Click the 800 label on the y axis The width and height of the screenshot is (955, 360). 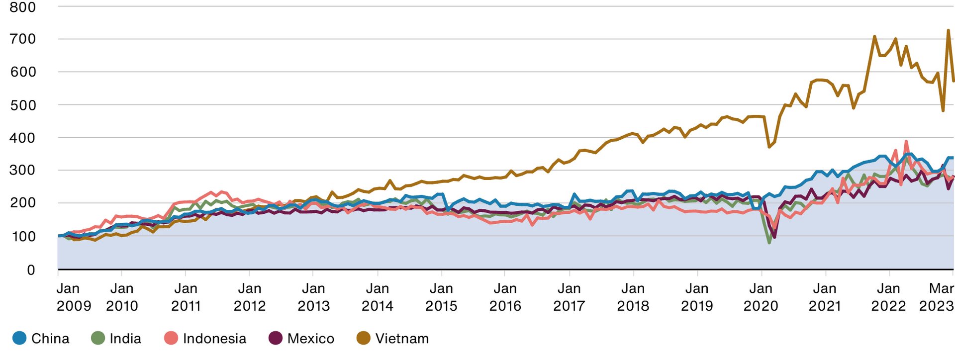click(x=23, y=7)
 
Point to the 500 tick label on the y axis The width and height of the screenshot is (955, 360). click(x=23, y=105)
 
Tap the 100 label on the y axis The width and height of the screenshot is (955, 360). click(x=23, y=236)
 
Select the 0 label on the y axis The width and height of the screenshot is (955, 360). click(x=31, y=270)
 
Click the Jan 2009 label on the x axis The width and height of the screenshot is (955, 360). click(x=74, y=297)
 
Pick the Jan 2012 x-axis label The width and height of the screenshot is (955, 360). click(x=250, y=297)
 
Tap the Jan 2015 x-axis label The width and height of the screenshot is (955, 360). click(x=441, y=297)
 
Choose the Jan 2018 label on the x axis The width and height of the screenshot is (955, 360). click(x=633, y=297)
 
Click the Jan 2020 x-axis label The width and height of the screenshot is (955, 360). click(x=761, y=297)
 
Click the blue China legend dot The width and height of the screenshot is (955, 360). click(x=19, y=339)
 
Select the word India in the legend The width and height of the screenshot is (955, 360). click(x=125, y=339)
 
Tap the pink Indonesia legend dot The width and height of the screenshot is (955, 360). click(x=171, y=339)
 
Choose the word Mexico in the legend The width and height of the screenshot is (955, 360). click(x=311, y=339)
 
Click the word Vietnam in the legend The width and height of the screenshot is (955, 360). click(x=402, y=339)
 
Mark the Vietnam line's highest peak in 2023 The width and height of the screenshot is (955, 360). click(x=948, y=30)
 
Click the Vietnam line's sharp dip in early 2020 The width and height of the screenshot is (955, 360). click(x=769, y=147)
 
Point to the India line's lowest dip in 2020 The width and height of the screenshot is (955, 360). click(x=769, y=242)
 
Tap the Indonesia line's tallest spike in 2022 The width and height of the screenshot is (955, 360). click(x=906, y=141)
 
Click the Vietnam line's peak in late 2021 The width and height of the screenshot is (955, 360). click(x=874, y=36)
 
